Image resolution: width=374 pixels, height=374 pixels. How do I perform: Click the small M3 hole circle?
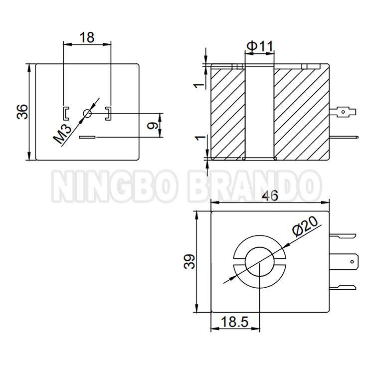coord(87,113)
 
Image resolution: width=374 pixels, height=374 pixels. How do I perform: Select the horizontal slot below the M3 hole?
coord(87,137)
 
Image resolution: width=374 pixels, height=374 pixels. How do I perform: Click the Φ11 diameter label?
coord(260,46)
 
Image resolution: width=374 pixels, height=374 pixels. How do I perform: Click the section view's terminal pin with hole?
coord(346,112)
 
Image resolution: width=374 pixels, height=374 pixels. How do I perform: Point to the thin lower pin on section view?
coord(344,138)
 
